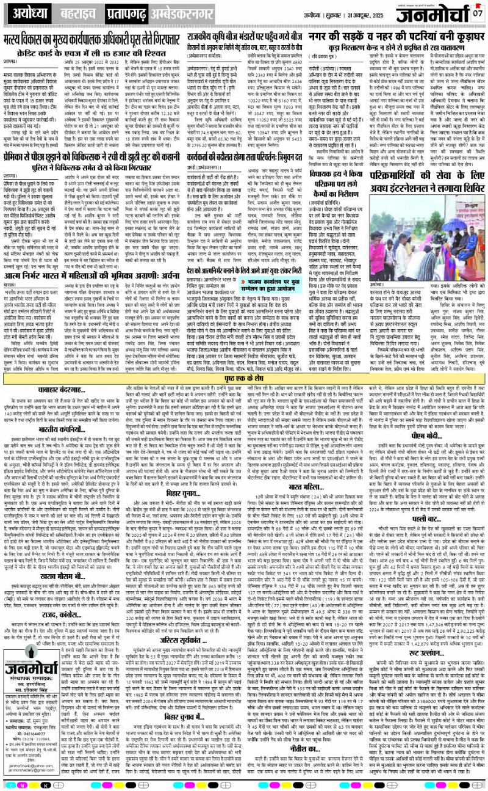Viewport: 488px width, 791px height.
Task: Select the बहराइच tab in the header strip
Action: click(78, 12)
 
